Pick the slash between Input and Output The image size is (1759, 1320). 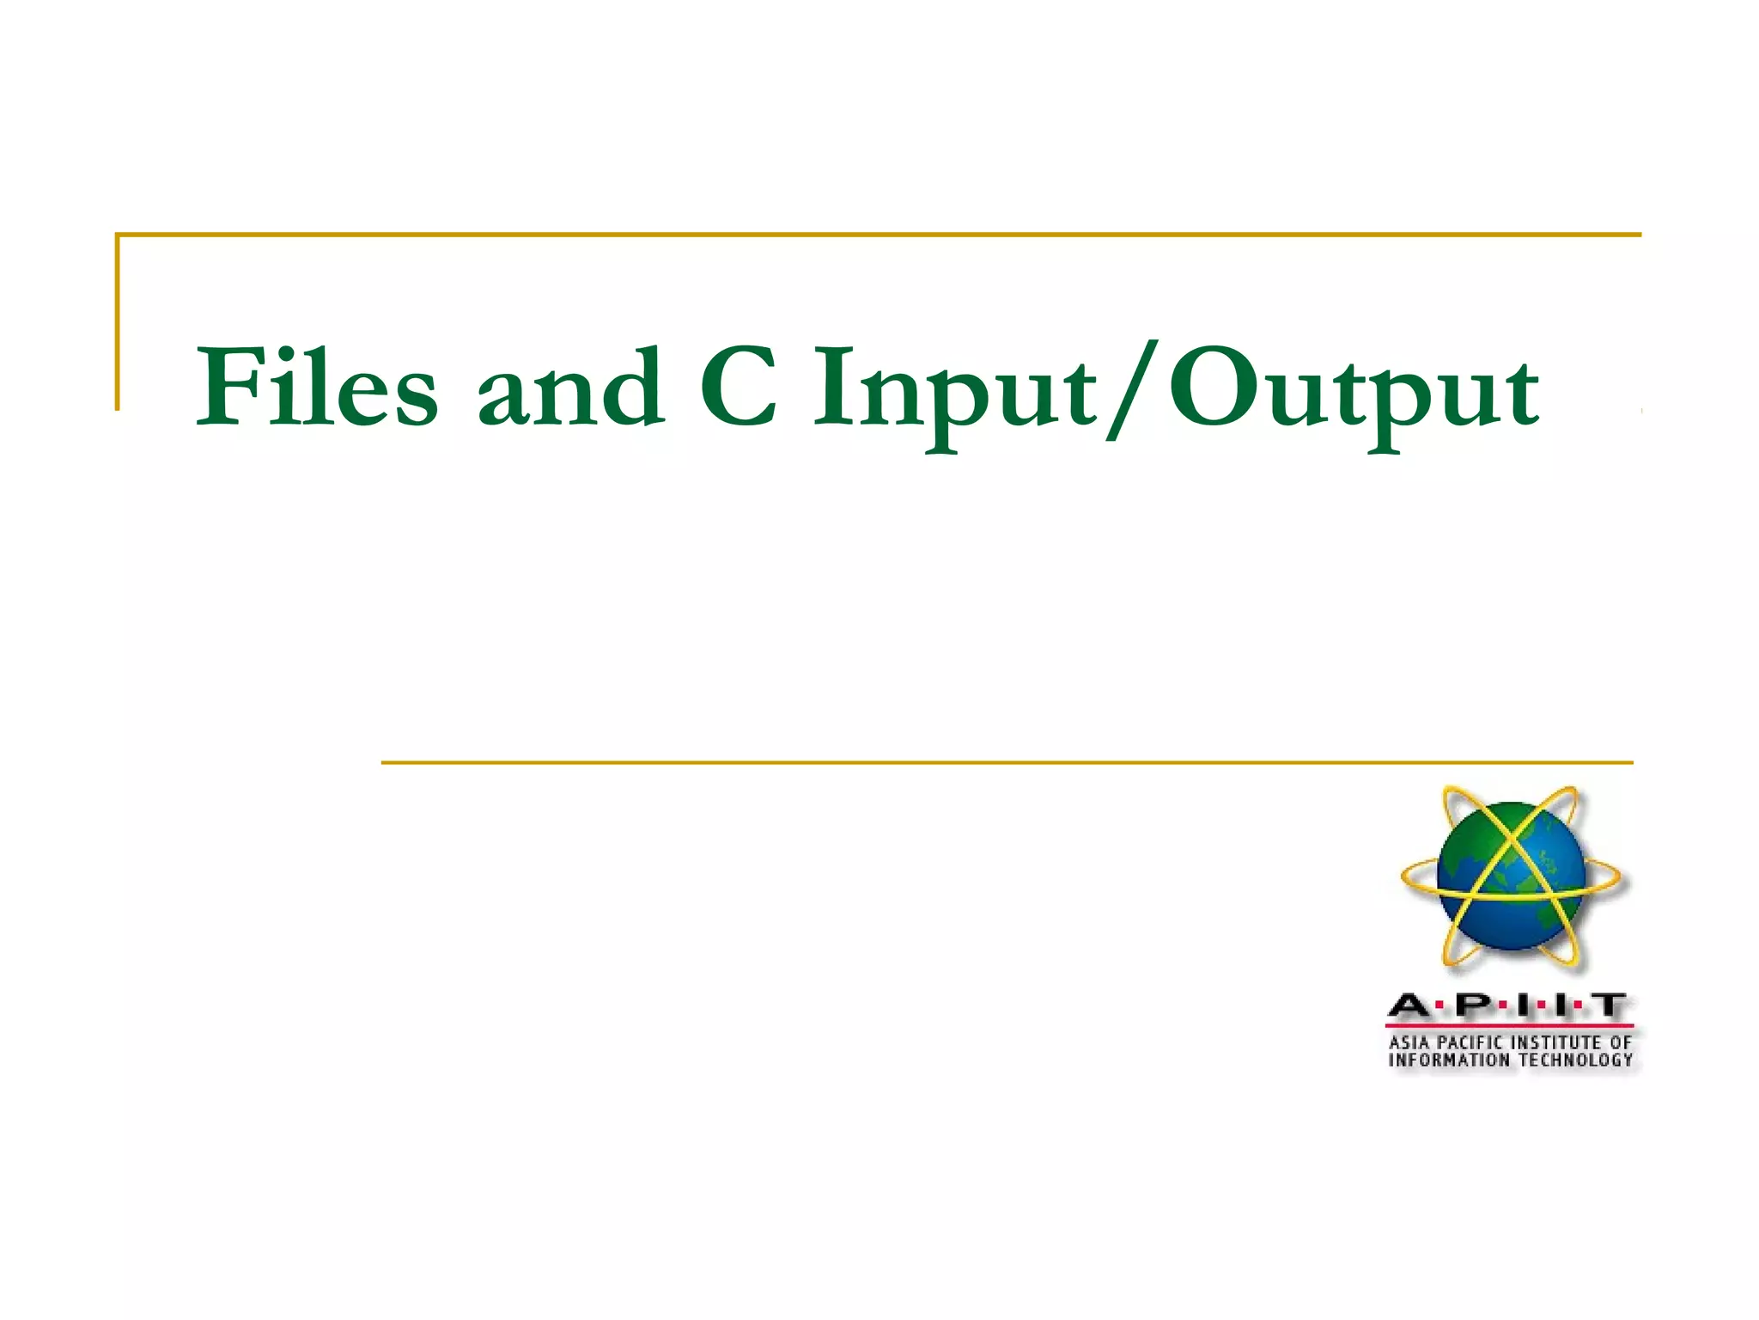(1130, 391)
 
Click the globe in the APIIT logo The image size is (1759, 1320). (1511, 877)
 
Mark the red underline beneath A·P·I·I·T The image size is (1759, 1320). (1509, 1025)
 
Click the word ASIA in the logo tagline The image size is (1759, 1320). (1410, 1042)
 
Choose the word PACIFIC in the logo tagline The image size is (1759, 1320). (1470, 1042)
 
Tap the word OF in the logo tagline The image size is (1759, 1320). (1621, 1042)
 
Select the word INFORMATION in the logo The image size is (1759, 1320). (1449, 1060)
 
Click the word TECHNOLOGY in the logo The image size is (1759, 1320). (1576, 1060)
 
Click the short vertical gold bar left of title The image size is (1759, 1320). (118, 321)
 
